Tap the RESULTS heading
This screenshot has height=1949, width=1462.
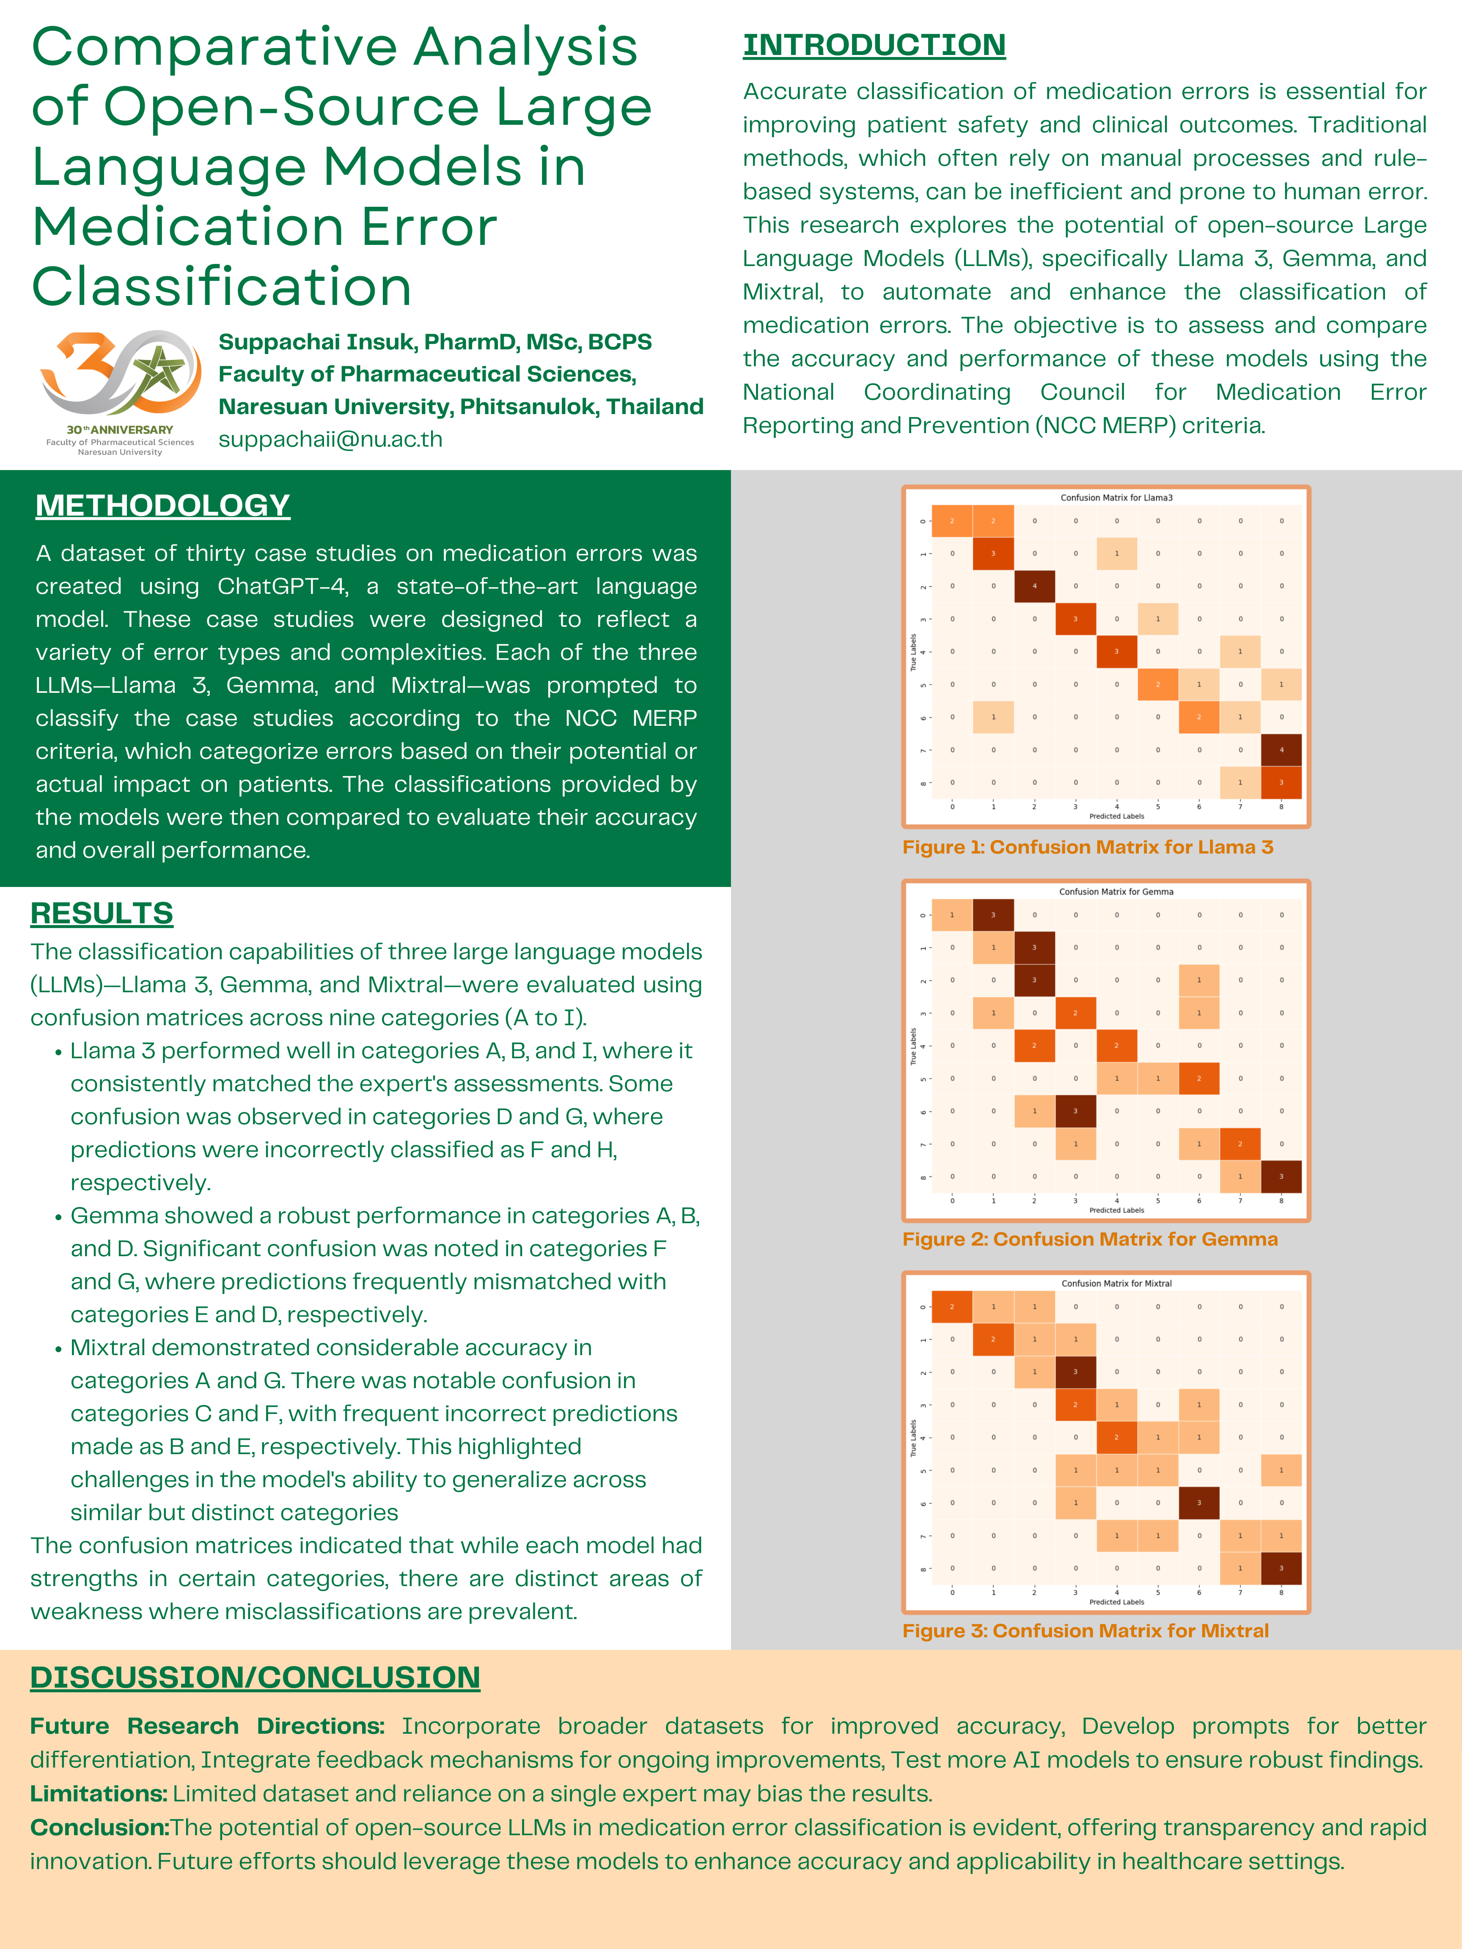pyautogui.click(x=102, y=913)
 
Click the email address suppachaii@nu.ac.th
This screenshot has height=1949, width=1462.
pyautogui.click(x=330, y=439)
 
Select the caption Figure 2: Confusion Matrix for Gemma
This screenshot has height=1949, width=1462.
pyautogui.click(x=1089, y=1239)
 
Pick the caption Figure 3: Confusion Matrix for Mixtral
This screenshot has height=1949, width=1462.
pyautogui.click(x=1085, y=1630)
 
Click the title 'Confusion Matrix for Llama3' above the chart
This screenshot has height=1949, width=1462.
pyautogui.click(x=1116, y=498)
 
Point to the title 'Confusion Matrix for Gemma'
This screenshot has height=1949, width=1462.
pyautogui.click(x=1116, y=892)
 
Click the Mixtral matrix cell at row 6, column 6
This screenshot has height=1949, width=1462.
pyautogui.click(x=1198, y=1502)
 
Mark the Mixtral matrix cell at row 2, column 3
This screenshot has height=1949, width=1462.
pyautogui.click(x=1075, y=1372)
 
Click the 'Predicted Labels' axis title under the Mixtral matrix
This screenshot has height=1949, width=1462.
pyautogui.click(x=1116, y=1602)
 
